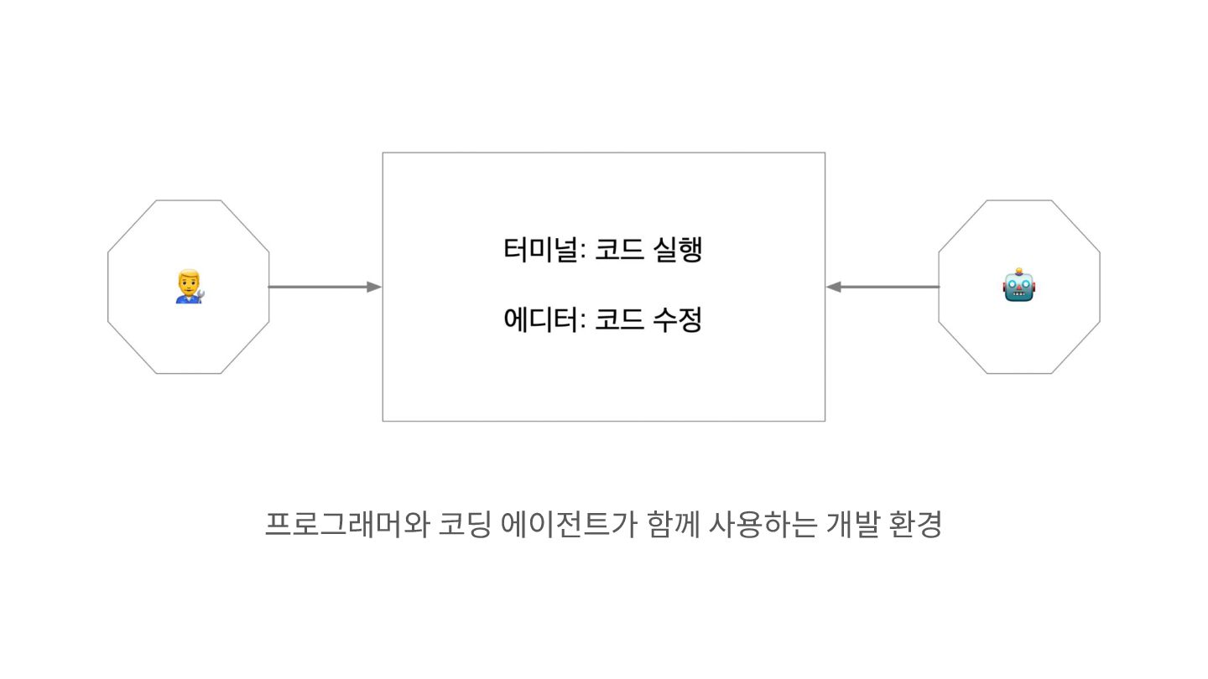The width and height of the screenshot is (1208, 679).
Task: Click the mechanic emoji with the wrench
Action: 189,287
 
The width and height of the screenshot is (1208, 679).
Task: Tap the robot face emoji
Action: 1019,287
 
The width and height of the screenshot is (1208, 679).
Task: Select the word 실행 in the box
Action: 676,251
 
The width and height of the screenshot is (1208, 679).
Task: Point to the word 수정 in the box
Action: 676,319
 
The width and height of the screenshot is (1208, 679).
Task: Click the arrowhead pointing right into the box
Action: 374,287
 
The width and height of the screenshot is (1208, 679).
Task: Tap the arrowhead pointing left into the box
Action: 834,287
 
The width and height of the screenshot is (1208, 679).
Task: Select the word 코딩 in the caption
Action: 464,525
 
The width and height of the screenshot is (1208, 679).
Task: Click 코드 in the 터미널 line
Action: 614,251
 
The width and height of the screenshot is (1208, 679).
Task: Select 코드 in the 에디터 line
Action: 614,319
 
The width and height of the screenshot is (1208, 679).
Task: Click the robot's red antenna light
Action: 1019,272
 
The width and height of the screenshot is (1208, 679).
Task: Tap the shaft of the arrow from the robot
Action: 889,287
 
